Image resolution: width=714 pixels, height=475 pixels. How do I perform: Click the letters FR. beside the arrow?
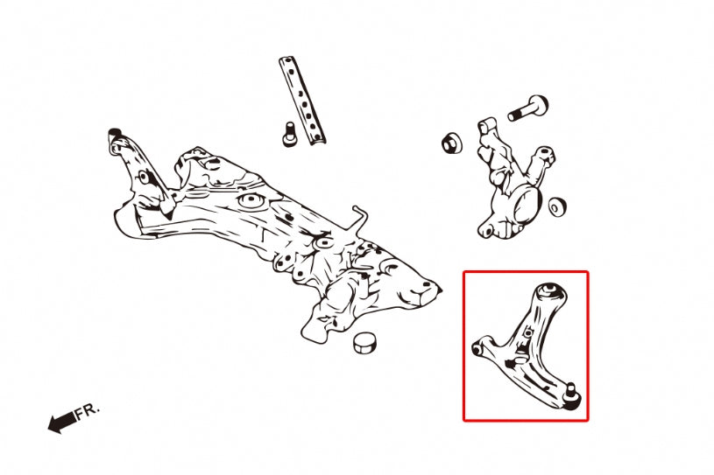pos(87,412)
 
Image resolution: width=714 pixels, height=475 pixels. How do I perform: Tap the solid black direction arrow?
pos(62,423)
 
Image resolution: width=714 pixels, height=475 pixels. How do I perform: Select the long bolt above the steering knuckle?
pos(528,108)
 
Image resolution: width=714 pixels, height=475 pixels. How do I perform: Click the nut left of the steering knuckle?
pos(452,143)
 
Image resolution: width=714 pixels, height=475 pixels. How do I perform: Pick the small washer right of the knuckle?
pos(557,206)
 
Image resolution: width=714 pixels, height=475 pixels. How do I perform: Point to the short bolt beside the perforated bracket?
pos(290,134)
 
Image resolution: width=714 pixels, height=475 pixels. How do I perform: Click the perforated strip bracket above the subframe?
pos(302,101)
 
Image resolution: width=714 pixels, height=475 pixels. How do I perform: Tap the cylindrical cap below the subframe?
pos(365,342)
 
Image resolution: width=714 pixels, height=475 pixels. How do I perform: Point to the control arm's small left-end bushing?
pos(477,350)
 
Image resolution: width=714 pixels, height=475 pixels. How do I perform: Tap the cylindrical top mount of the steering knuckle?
pos(486,125)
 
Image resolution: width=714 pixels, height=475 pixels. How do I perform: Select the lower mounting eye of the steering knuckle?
pos(487,231)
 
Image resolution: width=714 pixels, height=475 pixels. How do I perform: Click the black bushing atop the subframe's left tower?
pos(115,133)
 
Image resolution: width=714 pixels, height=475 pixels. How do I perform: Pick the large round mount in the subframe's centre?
pos(251,200)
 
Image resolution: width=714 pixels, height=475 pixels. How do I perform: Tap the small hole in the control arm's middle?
pos(527,332)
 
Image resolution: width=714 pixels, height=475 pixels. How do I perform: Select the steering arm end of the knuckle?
pos(545,155)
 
